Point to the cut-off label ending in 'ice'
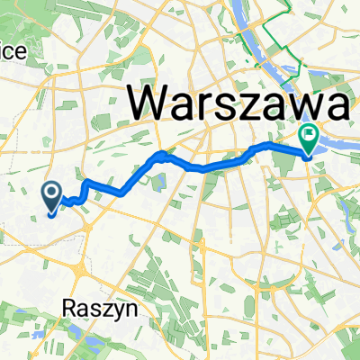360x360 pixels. point(13,52)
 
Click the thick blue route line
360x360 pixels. point(207,166)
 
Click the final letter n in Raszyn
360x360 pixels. point(115,308)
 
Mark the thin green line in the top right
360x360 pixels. point(270,36)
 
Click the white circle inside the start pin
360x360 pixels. point(51,191)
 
